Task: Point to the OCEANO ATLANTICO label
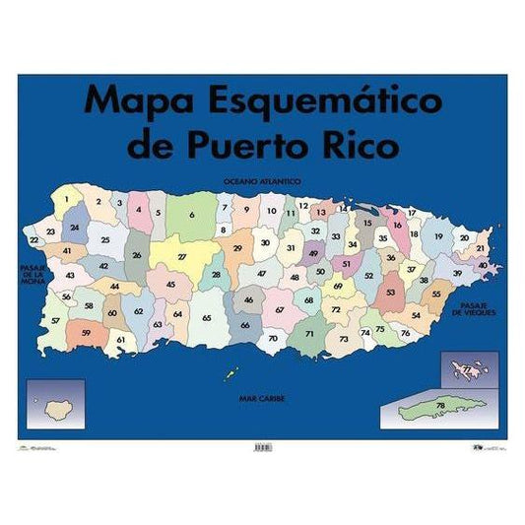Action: click(261, 183)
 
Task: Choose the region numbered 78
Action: click(441, 405)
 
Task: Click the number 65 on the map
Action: click(207, 318)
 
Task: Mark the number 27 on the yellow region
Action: click(182, 257)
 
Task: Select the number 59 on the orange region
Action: click(87, 333)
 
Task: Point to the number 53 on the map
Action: click(390, 292)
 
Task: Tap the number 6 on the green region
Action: click(192, 214)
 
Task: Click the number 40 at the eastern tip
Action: click(482, 265)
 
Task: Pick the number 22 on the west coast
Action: click(33, 239)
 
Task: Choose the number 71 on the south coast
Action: click(309, 334)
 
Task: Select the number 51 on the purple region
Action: click(346, 263)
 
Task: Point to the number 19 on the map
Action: click(438, 237)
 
